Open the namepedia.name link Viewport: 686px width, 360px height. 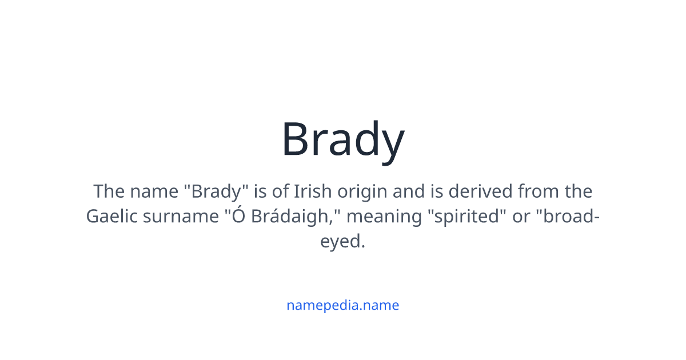[x=343, y=305]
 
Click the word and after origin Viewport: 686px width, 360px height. [x=409, y=191]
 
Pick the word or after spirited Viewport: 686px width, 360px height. [x=521, y=217]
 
